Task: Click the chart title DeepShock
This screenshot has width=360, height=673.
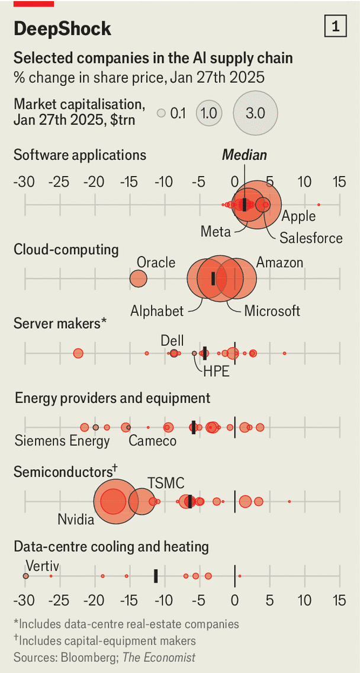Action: click(x=62, y=29)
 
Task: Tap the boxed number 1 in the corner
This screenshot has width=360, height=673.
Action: click(x=336, y=27)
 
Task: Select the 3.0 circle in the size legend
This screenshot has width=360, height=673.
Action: click(x=255, y=113)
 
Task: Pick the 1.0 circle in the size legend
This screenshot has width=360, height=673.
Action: click(x=209, y=113)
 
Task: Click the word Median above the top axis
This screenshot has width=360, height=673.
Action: click(x=244, y=155)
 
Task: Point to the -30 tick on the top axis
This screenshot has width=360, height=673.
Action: click(x=24, y=181)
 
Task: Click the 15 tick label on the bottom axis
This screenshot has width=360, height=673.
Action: click(x=339, y=601)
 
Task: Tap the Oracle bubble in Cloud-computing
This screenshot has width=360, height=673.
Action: click(x=138, y=278)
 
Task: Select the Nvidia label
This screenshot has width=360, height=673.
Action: click(x=76, y=520)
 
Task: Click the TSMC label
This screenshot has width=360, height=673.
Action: click(x=166, y=483)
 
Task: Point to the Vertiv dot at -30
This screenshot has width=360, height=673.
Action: click(x=25, y=576)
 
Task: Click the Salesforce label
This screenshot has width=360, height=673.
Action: click(x=311, y=238)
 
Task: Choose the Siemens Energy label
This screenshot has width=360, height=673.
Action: click(x=62, y=441)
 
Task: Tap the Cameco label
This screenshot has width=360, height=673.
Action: click(x=152, y=441)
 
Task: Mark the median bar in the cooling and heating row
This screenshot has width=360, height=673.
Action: click(x=156, y=575)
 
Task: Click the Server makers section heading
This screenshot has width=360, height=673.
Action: click(x=60, y=323)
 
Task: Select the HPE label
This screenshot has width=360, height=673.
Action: click(x=216, y=371)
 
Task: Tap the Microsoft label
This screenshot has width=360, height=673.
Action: click(x=272, y=310)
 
